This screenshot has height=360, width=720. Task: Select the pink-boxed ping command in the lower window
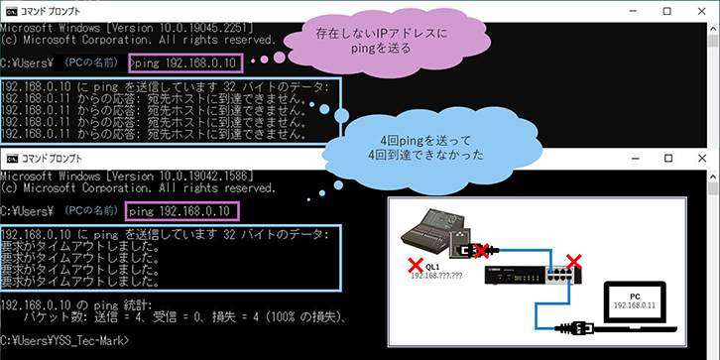point(180,210)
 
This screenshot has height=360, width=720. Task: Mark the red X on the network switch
point(573,262)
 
